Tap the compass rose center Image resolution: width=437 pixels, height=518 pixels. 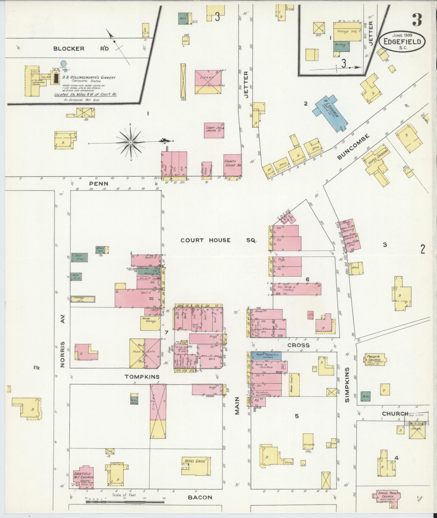click(130, 142)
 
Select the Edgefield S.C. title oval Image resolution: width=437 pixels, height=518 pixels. click(402, 41)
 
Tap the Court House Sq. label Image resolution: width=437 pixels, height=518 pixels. click(218, 240)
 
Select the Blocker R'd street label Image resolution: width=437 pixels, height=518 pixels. click(81, 49)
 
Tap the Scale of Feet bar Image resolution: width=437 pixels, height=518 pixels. click(125, 502)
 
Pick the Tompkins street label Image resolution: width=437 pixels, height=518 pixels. click(142, 377)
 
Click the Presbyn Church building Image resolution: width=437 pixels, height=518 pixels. click(375, 360)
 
